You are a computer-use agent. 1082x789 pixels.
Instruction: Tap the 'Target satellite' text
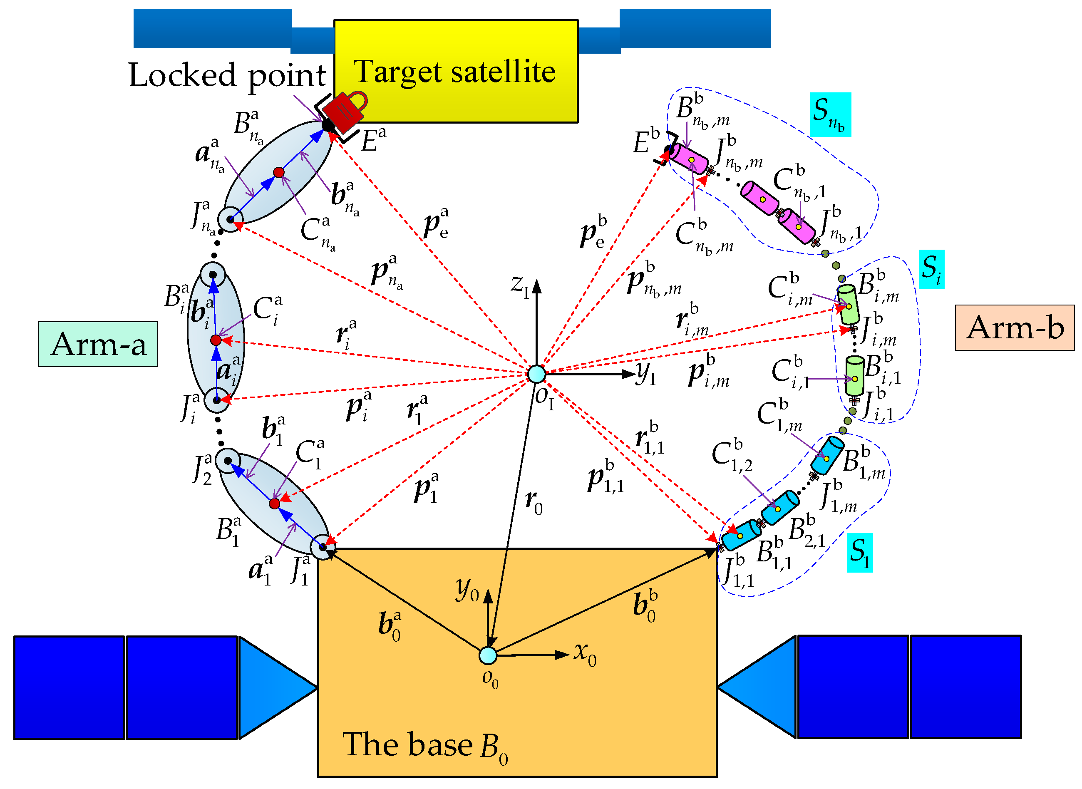pos(454,72)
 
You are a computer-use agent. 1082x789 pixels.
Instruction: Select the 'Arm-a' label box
pos(98,344)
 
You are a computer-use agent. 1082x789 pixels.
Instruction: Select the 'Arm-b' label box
pos(1015,328)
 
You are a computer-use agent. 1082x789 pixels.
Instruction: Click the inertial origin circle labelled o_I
pos(537,374)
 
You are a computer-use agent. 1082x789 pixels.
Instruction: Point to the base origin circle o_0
pos(488,656)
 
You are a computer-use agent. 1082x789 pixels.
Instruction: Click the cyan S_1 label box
pos(859,553)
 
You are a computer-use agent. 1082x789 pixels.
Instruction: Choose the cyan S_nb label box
pos(830,114)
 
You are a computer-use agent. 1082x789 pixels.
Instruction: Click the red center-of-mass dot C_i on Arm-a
pos(216,340)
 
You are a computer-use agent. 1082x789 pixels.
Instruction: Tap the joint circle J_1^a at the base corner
pos(323,547)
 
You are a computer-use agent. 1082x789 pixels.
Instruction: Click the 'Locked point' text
pos(227,75)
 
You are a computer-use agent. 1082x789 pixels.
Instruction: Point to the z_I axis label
pos(519,285)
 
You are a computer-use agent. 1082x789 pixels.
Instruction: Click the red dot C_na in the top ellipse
pos(279,172)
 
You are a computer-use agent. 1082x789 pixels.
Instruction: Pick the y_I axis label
pos(646,374)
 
